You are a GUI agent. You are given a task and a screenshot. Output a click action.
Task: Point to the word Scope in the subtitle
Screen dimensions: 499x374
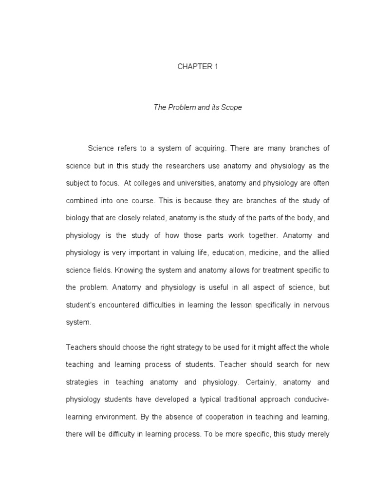[x=232, y=107]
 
